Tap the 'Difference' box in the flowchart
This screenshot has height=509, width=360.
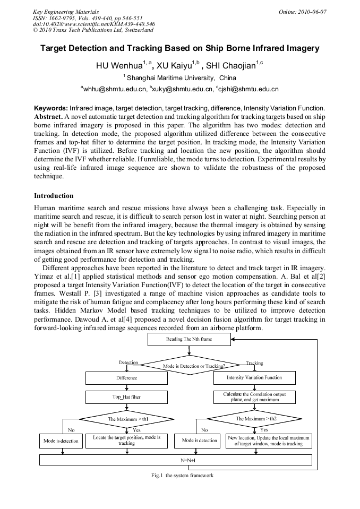click(x=126, y=378)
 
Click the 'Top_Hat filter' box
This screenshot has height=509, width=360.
click(x=126, y=396)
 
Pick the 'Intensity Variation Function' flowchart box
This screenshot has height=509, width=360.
click(x=254, y=378)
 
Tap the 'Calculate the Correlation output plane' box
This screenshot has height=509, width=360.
click(x=254, y=397)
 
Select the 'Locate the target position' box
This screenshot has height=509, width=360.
click(x=126, y=441)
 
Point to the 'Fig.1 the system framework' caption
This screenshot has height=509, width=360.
click(x=182, y=476)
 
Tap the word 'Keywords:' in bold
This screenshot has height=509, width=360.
click(x=51, y=108)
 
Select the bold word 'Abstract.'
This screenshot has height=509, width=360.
click(x=48, y=116)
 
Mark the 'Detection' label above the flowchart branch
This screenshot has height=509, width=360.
click(x=128, y=363)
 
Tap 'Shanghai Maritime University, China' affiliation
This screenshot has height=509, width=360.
click(x=179, y=77)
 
